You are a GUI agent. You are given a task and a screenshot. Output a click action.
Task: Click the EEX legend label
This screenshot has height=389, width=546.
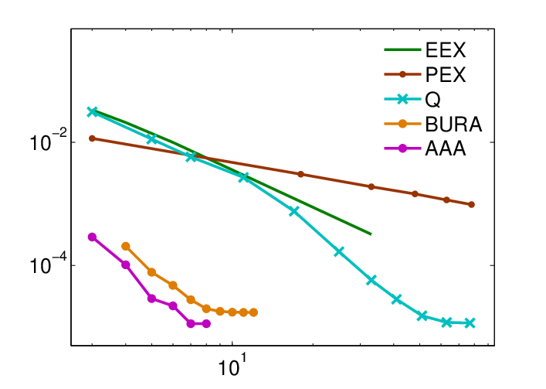click(x=446, y=50)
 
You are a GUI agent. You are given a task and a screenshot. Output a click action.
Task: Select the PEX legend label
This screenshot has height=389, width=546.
click(x=446, y=74)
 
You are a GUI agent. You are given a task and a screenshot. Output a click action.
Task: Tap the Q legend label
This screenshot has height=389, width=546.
click(x=432, y=100)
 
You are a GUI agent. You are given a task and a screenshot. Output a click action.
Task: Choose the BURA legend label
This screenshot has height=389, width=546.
click(x=453, y=124)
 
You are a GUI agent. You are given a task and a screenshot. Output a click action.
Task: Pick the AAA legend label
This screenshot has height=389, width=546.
click(x=446, y=148)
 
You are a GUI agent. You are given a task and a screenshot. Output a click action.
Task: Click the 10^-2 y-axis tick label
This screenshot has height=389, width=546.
click(x=44, y=142)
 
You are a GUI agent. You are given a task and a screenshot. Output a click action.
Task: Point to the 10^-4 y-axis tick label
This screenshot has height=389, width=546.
click(x=44, y=265)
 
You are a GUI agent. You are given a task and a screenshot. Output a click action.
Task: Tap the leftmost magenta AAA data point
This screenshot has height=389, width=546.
click(x=92, y=237)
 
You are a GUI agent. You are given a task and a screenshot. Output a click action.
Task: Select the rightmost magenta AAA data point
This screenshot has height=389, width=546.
click(x=206, y=324)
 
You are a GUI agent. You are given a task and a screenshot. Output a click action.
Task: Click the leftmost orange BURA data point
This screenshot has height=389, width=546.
click(x=126, y=247)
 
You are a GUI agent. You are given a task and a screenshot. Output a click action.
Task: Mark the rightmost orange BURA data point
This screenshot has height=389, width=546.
click(x=253, y=312)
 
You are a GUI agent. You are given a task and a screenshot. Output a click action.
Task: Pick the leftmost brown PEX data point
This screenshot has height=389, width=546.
click(x=92, y=138)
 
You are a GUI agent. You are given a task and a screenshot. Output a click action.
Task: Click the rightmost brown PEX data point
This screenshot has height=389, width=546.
click(x=472, y=205)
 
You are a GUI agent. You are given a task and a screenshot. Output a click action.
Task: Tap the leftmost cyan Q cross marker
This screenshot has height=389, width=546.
click(x=92, y=112)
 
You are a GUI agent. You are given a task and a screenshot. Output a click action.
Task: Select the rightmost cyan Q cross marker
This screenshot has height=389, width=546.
click(x=470, y=323)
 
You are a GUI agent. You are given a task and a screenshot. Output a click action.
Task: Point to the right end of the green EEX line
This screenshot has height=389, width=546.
click(x=371, y=234)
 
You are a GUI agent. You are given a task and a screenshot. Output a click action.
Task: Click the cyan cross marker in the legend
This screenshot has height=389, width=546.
click(x=402, y=99)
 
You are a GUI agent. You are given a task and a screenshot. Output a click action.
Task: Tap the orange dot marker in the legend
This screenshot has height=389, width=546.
click(x=402, y=124)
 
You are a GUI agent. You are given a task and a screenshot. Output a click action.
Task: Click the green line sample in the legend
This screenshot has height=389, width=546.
click(x=402, y=49)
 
